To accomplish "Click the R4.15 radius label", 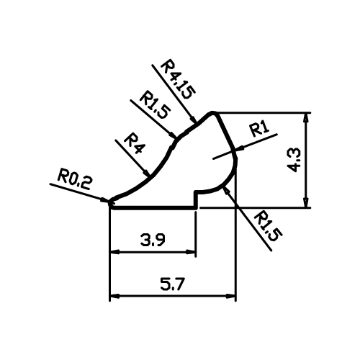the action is (178, 79).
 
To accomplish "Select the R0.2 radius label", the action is (74, 179).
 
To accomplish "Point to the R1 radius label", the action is (259, 130).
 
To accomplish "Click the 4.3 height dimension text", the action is (294, 161).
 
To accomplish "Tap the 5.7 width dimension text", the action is (173, 284).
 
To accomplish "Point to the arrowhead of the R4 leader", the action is (146, 173).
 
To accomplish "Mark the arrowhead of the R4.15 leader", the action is (193, 119).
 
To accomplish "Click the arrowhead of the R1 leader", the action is (240, 148).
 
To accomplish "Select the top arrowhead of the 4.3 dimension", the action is (305, 117).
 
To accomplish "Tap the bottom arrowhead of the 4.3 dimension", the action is (305, 202).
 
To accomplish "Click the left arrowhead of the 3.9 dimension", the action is (114, 252).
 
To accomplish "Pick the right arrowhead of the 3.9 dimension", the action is (191, 252).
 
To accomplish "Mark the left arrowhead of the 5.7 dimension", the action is (114, 297).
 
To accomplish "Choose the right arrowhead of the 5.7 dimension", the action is (231, 297).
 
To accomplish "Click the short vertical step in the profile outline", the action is (196, 200).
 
